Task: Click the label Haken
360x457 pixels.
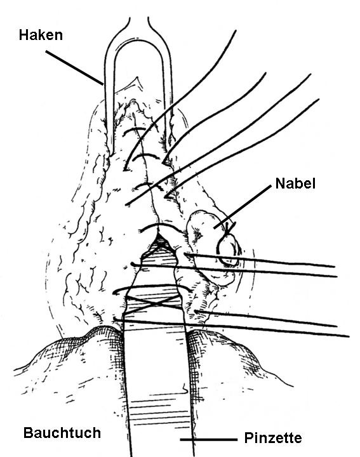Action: (41, 35)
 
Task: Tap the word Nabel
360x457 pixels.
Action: (295, 183)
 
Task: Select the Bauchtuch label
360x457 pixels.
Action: (62, 433)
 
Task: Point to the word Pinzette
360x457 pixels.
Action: (273, 438)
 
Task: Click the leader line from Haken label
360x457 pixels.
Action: (74, 68)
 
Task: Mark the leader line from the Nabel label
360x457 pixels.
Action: (243, 207)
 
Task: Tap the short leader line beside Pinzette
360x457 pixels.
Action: (209, 439)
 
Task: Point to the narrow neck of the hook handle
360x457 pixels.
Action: (139, 25)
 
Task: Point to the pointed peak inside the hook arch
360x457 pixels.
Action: (137, 78)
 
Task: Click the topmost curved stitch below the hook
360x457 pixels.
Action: (133, 130)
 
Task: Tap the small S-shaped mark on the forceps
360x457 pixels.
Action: (184, 388)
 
